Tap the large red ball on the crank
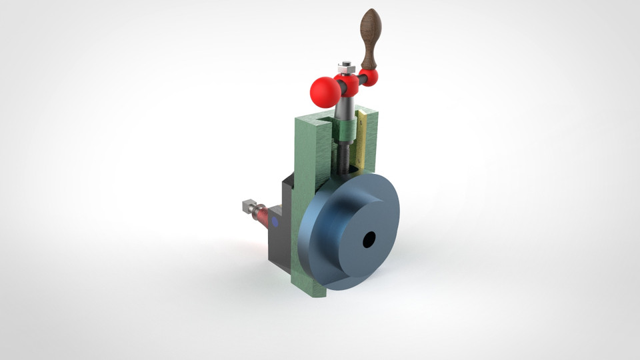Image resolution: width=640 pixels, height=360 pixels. [x=325, y=92]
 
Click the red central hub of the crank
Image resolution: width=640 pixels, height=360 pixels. [x=347, y=84]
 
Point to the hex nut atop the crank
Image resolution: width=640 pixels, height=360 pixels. [x=345, y=67]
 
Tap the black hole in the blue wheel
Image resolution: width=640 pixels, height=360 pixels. [x=369, y=240]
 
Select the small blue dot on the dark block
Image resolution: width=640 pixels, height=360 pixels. [x=273, y=220]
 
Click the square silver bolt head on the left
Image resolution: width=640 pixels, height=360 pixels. [x=248, y=205]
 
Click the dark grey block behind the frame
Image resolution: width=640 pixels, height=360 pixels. [x=280, y=240]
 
